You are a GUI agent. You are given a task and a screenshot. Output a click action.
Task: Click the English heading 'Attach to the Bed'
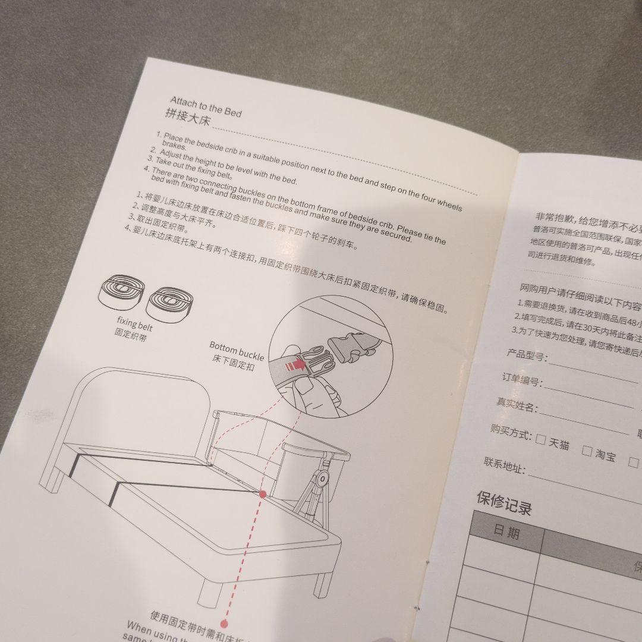point(206,106)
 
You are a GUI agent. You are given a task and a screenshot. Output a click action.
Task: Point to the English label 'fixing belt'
point(134,324)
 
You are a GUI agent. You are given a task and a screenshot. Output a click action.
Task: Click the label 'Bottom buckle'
point(237,351)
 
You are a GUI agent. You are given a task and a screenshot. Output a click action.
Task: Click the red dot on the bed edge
point(262,493)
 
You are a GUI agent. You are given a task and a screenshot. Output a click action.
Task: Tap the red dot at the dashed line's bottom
point(225,623)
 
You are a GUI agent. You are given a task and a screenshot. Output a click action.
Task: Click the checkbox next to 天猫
point(540,440)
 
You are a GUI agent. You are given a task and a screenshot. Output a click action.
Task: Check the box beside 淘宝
point(587,451)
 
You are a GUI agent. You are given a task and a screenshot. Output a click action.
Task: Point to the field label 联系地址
point(505,465)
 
